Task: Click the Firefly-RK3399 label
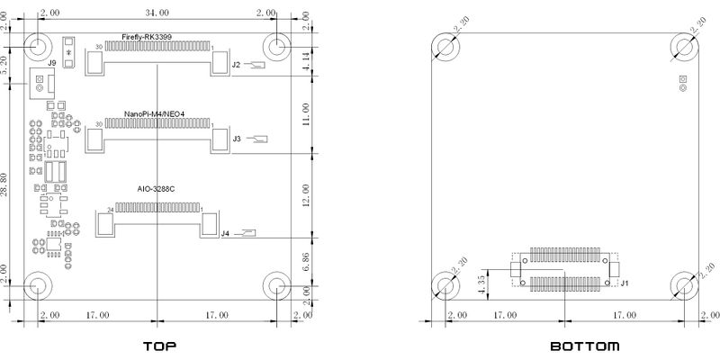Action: (147, 37)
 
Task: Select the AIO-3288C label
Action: (156, 189)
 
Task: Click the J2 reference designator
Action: (236, 65)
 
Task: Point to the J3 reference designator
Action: (237, 139)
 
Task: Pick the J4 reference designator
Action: (225, 234)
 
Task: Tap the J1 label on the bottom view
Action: (624, 283)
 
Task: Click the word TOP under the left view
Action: (160, 346)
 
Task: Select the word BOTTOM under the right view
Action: (584, 346)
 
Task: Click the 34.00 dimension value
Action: (157, 13)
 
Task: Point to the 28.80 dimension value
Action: (4, 184)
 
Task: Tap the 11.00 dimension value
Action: (306, 114)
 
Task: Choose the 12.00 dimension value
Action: (306, 195)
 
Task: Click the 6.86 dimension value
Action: (306, 260)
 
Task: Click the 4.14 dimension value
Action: (306, 61)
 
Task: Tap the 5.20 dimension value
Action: (4, 66)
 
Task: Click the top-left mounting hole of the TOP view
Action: (38, 47)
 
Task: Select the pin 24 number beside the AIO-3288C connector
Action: (110, 210)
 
